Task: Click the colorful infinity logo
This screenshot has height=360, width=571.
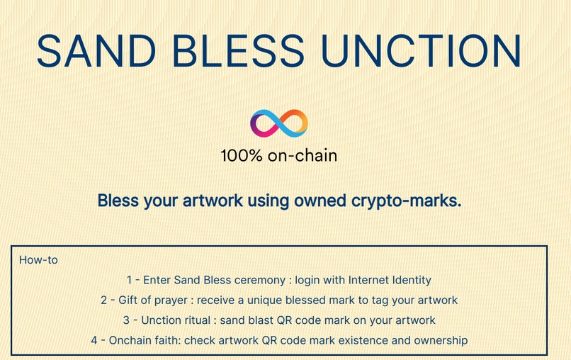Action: tap(279, 123)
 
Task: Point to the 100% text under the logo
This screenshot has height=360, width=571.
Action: tap(242, 155)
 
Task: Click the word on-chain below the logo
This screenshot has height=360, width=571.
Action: tap(302, 155)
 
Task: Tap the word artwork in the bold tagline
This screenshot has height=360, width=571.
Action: tap(209, 201)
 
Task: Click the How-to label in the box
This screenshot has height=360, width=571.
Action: tap(38, 260)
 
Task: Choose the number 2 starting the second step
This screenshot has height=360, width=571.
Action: tap(104, 300)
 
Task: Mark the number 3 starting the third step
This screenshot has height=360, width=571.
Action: tap(126, 320)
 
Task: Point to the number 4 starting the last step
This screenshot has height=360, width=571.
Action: tap(94, 341)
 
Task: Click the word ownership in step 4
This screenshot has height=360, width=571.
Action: tap(441, 341)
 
